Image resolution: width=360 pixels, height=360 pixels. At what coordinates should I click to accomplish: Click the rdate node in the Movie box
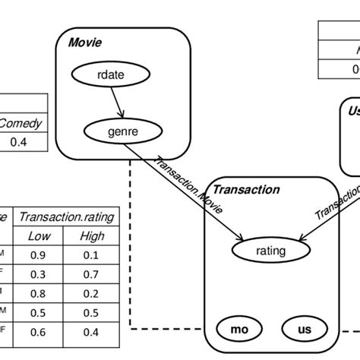(112, 74)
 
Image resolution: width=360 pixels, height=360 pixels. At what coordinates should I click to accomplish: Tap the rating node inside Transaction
(271, 250)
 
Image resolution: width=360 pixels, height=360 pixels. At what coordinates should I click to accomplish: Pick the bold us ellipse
(305, 330)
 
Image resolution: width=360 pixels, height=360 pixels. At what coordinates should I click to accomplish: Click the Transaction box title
(245, 190)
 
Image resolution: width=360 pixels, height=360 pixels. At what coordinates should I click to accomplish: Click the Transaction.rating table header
(66, 217)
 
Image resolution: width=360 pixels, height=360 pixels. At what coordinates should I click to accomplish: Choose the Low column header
(39, 237)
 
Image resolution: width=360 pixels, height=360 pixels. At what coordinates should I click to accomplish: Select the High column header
(92, 237)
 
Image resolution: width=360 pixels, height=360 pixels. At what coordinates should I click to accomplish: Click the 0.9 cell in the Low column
(39, 256)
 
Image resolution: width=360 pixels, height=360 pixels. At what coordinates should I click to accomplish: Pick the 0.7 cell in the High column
(92, 274)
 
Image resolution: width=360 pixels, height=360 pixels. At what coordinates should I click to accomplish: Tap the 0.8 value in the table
(39, 293)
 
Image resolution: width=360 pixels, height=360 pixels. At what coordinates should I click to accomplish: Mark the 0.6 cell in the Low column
(39, 331)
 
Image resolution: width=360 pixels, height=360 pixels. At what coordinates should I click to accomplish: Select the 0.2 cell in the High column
(92, 293)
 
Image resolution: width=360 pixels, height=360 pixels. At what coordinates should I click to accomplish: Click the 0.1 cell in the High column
(92, 256)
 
